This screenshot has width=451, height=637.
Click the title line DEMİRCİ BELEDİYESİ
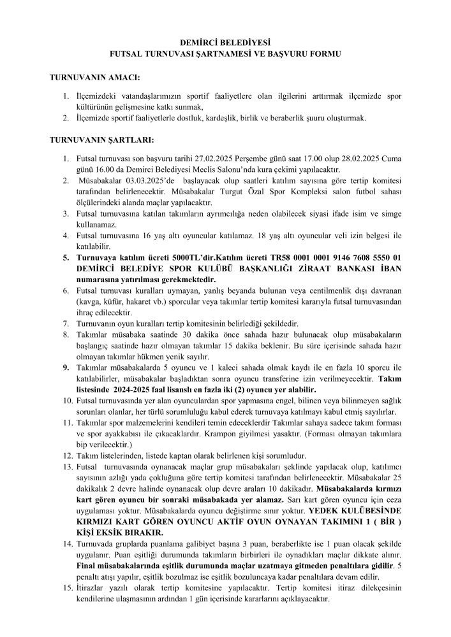pyautogui.click(x=225, y=43)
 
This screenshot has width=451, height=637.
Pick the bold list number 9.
pyautogui.click(x=66, y=367)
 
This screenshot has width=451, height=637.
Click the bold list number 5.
pyautogui.click(x=66, y=258)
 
